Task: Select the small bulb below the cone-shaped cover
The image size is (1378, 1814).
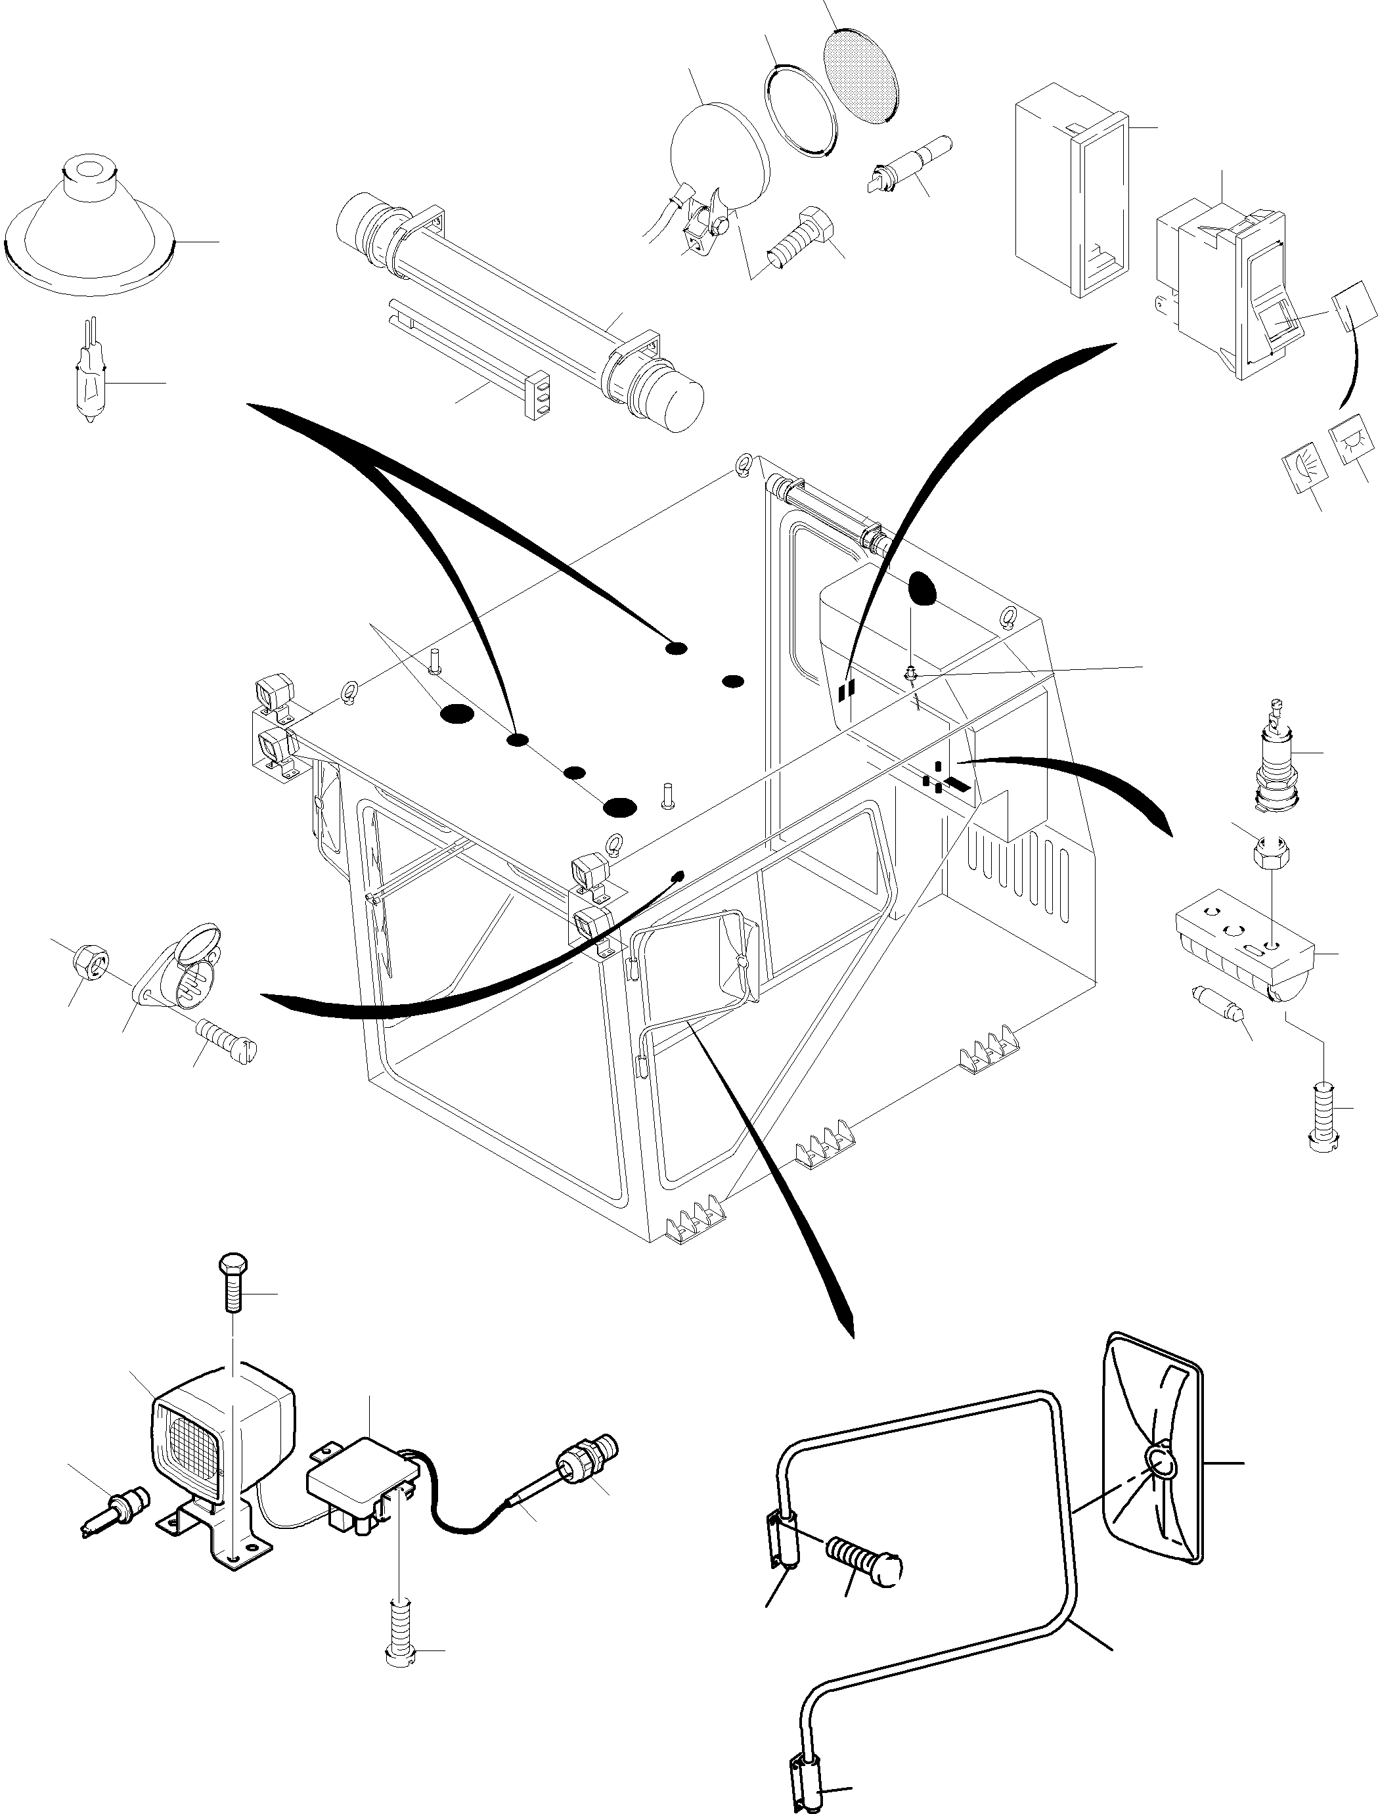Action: coord(89,384)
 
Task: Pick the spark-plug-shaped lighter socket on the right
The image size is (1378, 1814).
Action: coord(1276,755)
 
